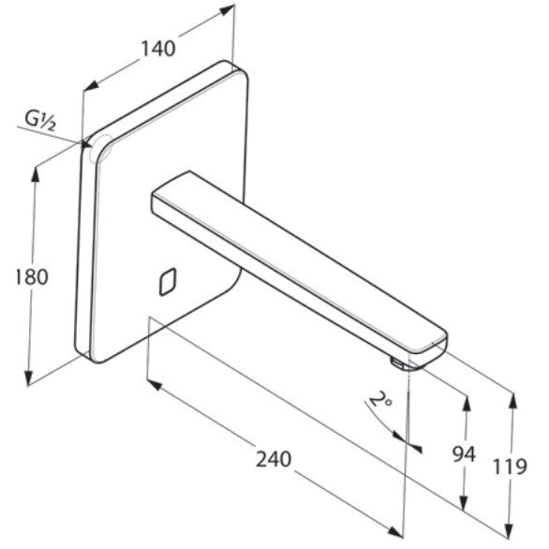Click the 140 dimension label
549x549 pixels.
pyautogui.click(x=158, y=49)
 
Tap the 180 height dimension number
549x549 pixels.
pyautogui.click(x=32, y=277)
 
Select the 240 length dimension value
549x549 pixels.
pyautogui.click(x=274, y=459)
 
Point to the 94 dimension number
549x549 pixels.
pyautogui.click(x=464, y=454)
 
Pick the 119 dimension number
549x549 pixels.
pyautogui.click(x=510, y=467)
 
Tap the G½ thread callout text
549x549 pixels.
pyautogui.click(x=40, y=120)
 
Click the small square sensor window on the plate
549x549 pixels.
pyautogui.click(x=168, y=282)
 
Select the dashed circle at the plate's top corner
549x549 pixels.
pyautogui.click(x=101, y=148)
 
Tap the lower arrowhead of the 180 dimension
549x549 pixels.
pyautogui.click(x=29, y=378)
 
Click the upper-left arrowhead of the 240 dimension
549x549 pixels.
pyautogui.click(x=155, y=385)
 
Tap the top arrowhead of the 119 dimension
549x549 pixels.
pyautogui.click(x=513, y=400)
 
